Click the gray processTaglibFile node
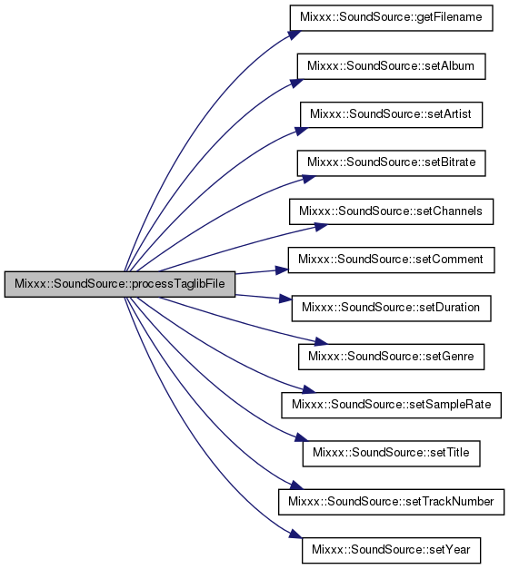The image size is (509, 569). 120,284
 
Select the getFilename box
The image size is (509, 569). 391,18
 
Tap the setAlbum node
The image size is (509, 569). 391,66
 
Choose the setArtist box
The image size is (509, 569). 391,114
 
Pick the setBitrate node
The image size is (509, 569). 391,163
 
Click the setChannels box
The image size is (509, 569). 391,211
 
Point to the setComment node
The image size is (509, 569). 391,260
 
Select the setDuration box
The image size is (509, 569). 391,309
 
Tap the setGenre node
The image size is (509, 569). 391,357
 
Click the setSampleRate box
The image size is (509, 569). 391,405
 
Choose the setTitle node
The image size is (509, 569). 391,454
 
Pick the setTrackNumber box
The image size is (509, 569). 391,502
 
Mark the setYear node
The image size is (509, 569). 391,550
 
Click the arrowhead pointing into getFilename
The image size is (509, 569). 294,34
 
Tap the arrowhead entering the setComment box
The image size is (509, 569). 282,270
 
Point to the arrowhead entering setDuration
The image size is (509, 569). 285,299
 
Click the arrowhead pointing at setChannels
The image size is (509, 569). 321,227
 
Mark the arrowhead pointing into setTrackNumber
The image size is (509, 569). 296,486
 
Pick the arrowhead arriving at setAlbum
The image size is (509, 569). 297,83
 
